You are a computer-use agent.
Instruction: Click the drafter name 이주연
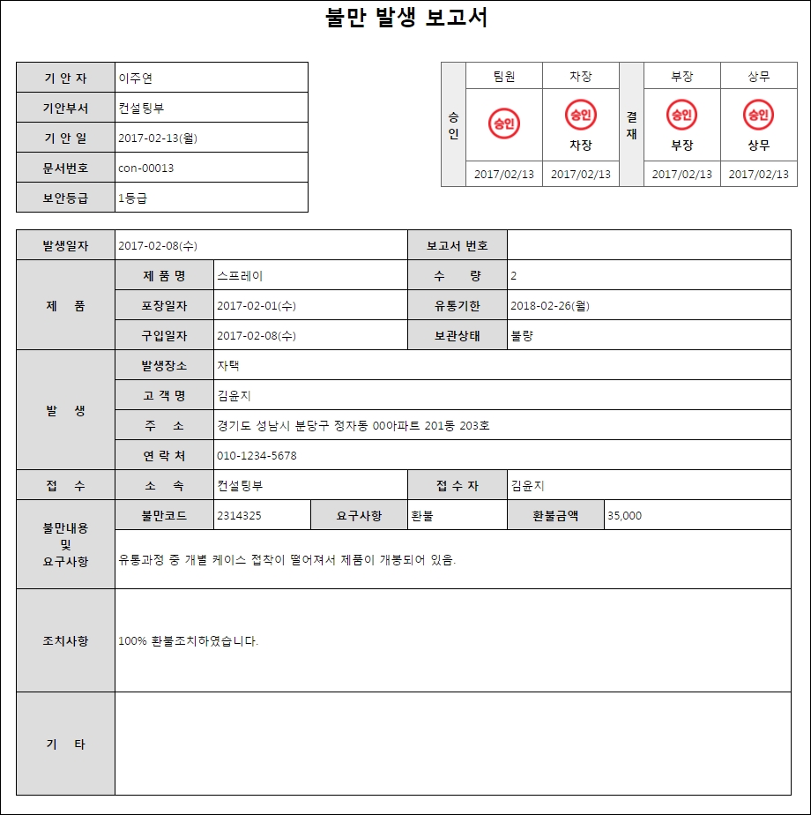(136, 78)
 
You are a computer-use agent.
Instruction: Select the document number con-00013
(145, 168)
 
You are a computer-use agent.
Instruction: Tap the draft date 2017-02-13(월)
(158, 138)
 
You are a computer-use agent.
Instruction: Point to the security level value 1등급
(132, 198)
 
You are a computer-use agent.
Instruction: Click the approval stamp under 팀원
(504, 123)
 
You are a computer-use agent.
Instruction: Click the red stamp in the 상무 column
(758, 115)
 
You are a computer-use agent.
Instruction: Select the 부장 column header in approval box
(682, 76)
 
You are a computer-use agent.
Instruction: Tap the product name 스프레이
(240, 276)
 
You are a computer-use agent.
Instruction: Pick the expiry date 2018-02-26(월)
(550, 306)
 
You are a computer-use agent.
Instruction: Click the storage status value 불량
(523, 336)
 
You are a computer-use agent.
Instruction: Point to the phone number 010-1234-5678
(257, 456)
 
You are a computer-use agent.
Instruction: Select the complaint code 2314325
(238, 515)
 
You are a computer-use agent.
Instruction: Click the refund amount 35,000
(625, 515)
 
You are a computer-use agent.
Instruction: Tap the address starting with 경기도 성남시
(353, 426)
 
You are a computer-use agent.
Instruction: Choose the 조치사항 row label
(66, 641)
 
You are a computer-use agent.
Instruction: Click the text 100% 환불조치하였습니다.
(189, 641)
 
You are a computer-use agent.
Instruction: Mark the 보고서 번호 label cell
(458, 245)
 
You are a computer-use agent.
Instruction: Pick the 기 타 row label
(66, 744)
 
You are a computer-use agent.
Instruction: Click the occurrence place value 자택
(228, 365)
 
